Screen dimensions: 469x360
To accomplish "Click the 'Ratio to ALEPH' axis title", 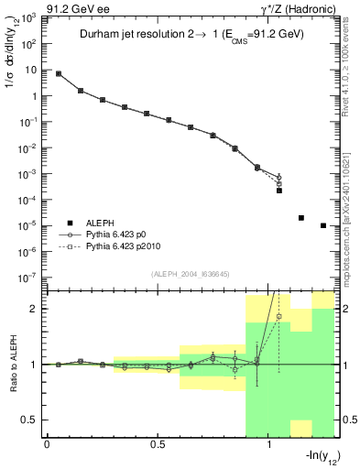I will (x=14, y=365).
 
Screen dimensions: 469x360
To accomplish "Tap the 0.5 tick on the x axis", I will (x=158, y=446).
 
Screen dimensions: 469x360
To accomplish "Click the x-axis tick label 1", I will (x=268, y=446).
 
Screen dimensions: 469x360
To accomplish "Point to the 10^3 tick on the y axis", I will (x=27, y=17).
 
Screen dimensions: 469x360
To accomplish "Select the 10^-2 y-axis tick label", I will (x=27, y=147).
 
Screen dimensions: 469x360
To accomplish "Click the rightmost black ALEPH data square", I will (x=323, y=225).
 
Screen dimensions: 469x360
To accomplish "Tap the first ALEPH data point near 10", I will (x=59, y=73).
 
